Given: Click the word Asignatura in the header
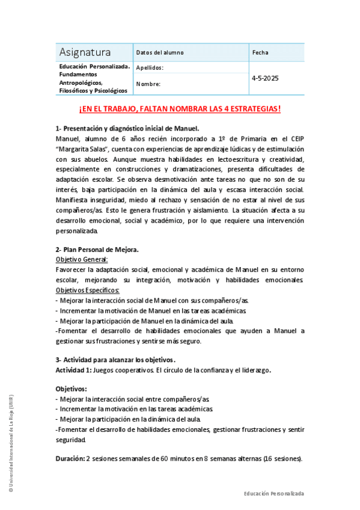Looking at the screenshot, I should coord(85,52).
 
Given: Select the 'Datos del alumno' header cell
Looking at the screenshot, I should coord(159,52).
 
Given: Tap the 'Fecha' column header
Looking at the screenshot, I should coord(260,52).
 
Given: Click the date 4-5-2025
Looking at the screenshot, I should coord(265,78).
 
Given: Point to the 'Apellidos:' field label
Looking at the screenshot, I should coord(150,68).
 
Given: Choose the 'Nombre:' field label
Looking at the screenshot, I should coord(148,84).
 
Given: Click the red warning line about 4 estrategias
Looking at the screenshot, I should coord(180,109).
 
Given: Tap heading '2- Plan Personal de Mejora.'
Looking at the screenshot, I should coord(97,249).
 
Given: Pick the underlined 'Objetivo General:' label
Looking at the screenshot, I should coord(82,259).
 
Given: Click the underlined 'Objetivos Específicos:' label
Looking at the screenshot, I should coord(88,290).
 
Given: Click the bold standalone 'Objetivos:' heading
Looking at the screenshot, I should coord(71,389).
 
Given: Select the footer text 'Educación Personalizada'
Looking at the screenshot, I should coord(273,493).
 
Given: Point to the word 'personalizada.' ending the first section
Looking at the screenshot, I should coord(76,230).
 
